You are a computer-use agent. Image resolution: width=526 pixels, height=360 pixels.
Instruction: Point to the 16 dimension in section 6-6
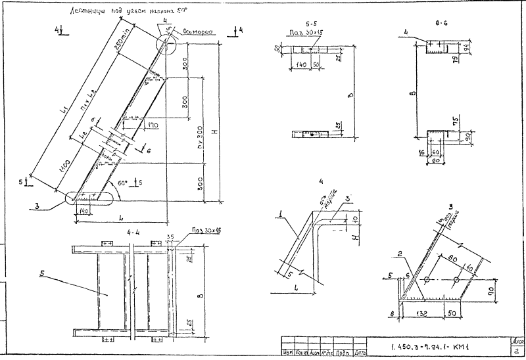pos(421,152)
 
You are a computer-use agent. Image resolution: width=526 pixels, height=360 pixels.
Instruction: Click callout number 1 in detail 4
pos(281,212)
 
